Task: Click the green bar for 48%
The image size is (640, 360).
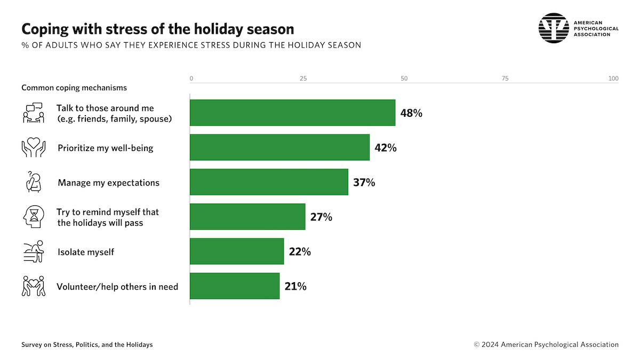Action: click(293, 113)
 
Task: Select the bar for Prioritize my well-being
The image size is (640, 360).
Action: click(280, 147)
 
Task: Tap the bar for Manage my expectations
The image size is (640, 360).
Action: click(269, 182)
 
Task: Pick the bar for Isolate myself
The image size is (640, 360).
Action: click(237, 251)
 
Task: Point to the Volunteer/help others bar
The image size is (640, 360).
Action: click(235, 286)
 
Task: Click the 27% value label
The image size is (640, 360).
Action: click(321, 217)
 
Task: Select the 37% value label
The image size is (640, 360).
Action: click(364, 182)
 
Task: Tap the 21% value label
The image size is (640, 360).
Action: click(295, 286)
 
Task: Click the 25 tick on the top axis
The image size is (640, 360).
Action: click(303, 79)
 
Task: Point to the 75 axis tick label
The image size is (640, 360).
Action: click(505, 79)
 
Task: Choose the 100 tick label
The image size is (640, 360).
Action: click(613, 79)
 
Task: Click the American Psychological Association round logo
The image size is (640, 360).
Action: click(554, 28)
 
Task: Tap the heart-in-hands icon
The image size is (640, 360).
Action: click(34, 148)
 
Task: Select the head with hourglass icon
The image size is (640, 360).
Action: click(33, 217)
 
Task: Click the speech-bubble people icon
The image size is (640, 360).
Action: click(33, 113)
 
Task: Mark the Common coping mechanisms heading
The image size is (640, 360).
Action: click(74, 87)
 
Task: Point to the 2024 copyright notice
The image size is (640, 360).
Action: click(546, 345)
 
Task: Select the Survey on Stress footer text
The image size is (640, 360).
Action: click(87, 345)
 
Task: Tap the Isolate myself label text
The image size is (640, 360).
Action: click(86, 252)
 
